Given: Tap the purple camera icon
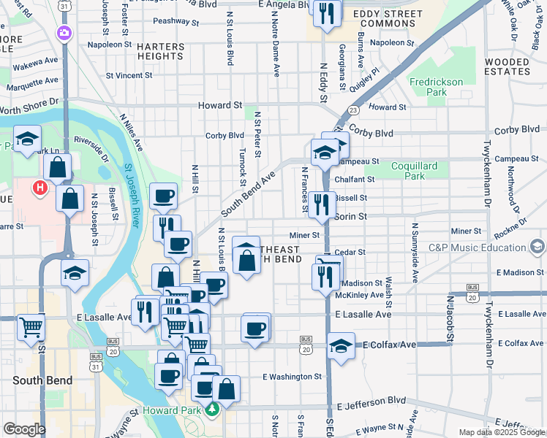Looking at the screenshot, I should [65, 33].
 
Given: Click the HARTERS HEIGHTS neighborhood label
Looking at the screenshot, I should [160, 51].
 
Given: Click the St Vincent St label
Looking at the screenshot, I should [129, 75].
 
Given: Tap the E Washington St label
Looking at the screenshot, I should [293, 377].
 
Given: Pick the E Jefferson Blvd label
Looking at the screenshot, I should [371, 401].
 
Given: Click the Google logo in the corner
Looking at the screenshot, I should [23, 429].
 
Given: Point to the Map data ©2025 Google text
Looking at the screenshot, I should [501, 432].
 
